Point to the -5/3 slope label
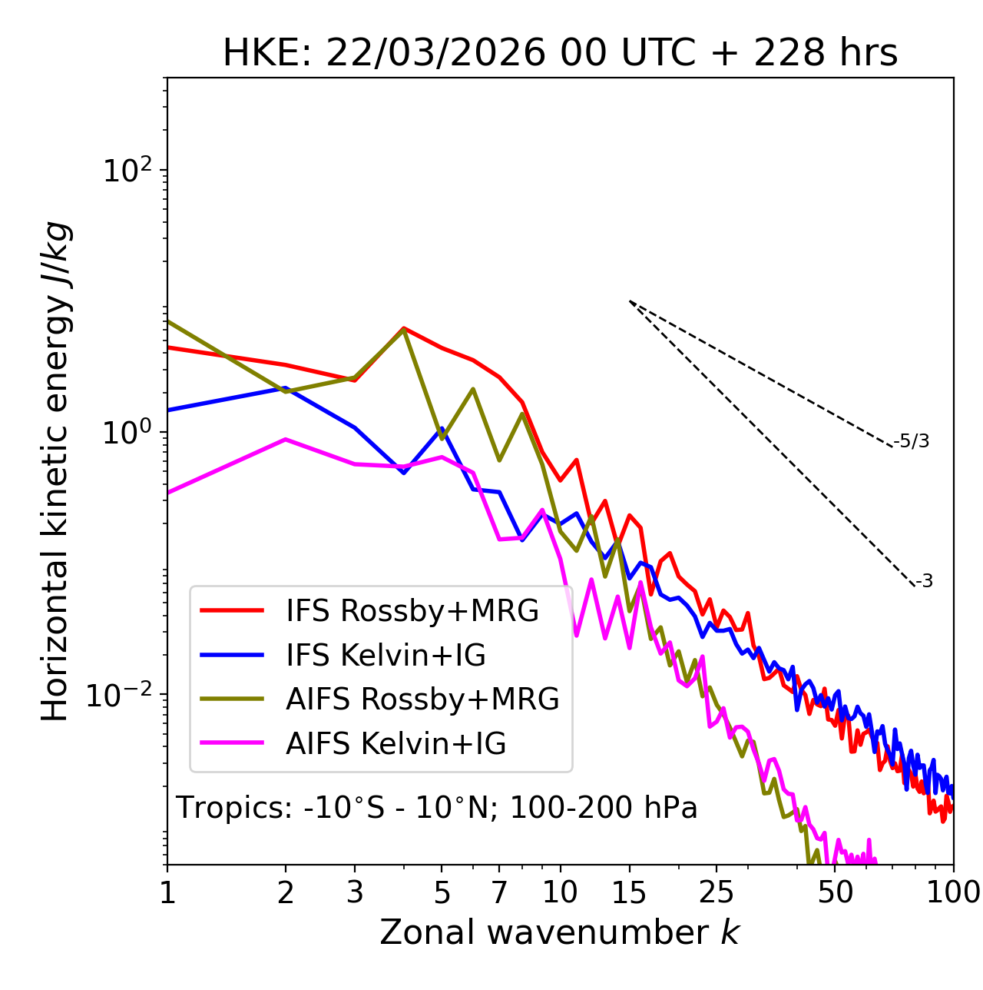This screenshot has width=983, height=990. (x=912, y=441)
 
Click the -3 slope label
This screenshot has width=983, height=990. (x=924, y=582)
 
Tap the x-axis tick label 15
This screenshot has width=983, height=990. (x=629, y=892)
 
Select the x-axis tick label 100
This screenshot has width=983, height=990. (x=953, y=892)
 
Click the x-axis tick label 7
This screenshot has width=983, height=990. (x=499, y=892)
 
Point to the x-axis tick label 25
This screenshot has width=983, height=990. (x=716, y=892)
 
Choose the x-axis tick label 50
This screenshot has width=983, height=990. (x=835, y=892)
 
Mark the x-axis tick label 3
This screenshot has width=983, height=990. (x=355, y=892)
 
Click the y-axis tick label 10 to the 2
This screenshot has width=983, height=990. (x=127, y=170)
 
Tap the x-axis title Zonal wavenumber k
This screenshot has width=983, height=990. (x=560, y=932)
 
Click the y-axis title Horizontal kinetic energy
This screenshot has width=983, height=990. (x=55, y=471)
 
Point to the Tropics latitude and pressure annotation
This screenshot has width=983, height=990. (x=437, y=808)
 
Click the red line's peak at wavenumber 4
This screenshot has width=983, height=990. (x=404, y=328)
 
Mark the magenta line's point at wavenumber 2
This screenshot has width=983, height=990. (x=286, y=440)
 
